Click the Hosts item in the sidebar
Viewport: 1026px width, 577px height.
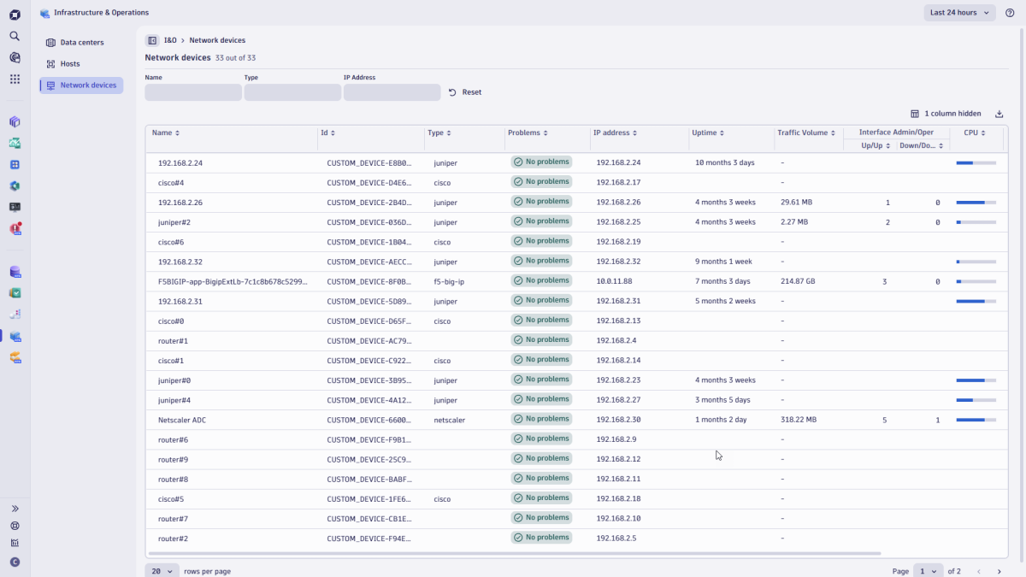tap(69, 64)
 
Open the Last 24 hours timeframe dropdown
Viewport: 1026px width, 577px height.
tap(959, 13)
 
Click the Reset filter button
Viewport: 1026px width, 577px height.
tap(465, 92)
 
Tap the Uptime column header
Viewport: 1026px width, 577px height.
tap(708, 133)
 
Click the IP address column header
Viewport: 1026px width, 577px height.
tap(614, 133)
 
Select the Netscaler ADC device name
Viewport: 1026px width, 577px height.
tap(182, 420)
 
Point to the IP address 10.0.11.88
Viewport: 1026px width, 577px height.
tap(615, 281)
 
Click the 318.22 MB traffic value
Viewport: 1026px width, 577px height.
tap(799, 420)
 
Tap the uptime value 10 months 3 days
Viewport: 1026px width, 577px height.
tap(724, 162)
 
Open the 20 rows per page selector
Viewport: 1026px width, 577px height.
tap(162, 571)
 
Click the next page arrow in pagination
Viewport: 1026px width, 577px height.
tap(999, 571)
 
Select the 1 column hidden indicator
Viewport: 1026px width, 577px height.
tap(946, 114)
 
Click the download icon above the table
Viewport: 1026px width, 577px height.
tap(999, 114)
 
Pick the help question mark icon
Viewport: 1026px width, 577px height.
tap(1010, 13)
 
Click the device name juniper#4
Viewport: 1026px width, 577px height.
tap(174, 400)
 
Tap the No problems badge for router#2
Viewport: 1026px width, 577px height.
tap(541, 538)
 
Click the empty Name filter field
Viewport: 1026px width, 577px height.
tap(193, 92)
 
